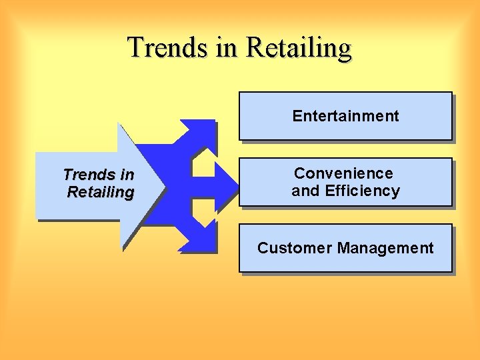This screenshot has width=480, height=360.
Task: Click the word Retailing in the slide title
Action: click(299, 49)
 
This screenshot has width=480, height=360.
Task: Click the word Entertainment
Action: click(345, 116)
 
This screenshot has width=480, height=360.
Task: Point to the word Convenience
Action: click(343, 173)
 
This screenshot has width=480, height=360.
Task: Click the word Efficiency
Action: click(362, 191)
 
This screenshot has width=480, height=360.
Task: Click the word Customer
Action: click(294, 249)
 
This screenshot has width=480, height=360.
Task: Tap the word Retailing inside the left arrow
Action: click(100, 193)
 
